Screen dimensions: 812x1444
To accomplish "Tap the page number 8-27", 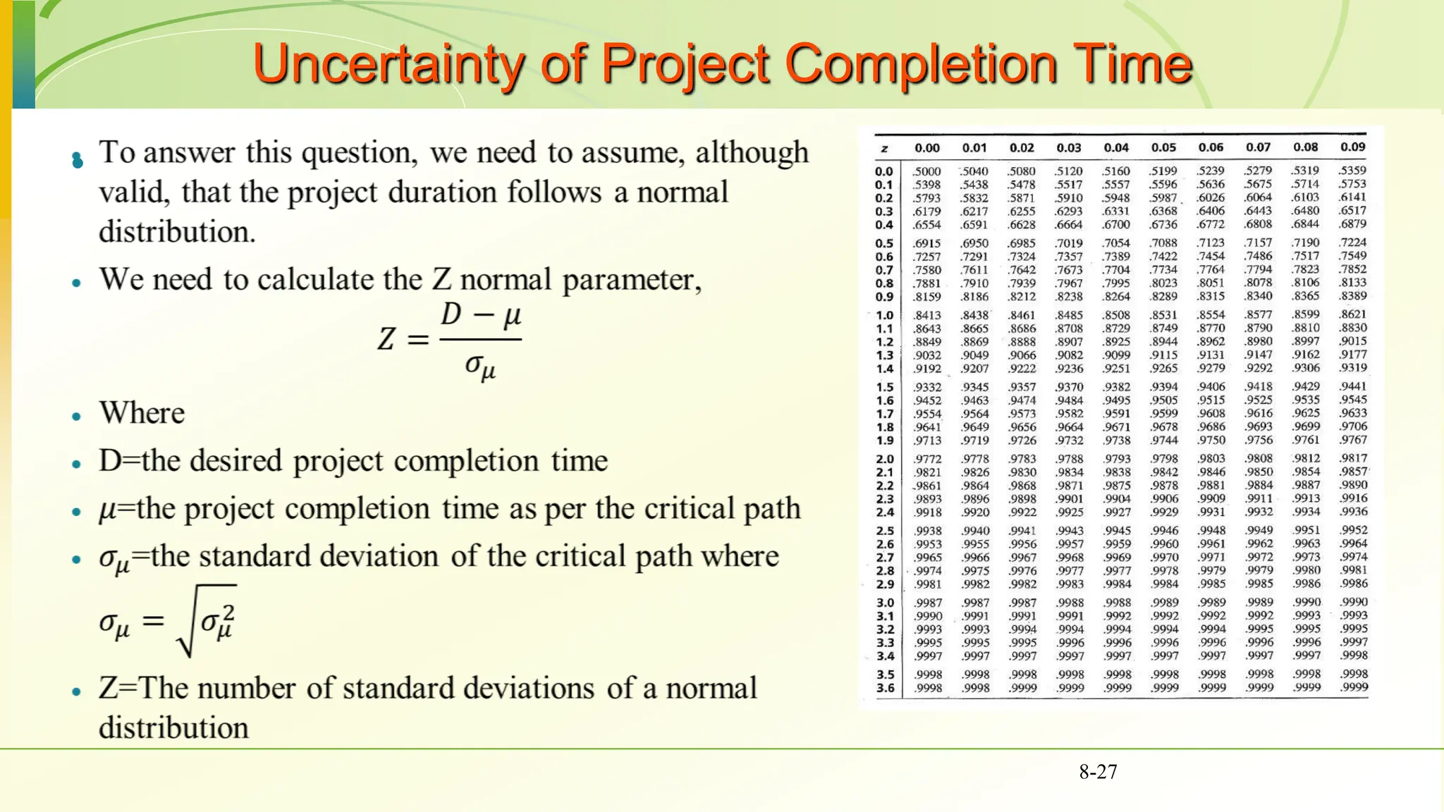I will click(1098, 772).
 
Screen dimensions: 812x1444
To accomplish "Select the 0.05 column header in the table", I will click(1163, 147).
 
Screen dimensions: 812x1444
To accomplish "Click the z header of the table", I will click(884, 149).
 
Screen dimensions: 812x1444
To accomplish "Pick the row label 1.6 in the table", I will click(885, 400).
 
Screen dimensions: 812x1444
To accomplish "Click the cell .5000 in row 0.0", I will click(927, 171).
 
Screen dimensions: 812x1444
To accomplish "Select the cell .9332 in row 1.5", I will click(928, 387).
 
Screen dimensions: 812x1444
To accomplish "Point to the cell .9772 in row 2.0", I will click(928, 459).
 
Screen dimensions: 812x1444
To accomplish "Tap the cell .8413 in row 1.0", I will click(928, 315).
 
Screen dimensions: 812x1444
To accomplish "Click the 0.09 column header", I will click(1352, 147).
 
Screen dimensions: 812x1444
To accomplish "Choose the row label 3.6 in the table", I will click(886, 688).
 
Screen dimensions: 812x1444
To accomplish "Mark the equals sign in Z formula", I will click(418, 340).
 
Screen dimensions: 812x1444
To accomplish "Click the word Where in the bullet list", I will click(142, 413).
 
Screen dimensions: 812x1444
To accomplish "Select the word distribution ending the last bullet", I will click(173, 727).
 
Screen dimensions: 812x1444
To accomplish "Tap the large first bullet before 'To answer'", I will click(78, 161).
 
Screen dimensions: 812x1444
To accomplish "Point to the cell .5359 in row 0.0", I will click(1352, 170).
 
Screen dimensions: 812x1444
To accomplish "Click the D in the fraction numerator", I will click(451, 314).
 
